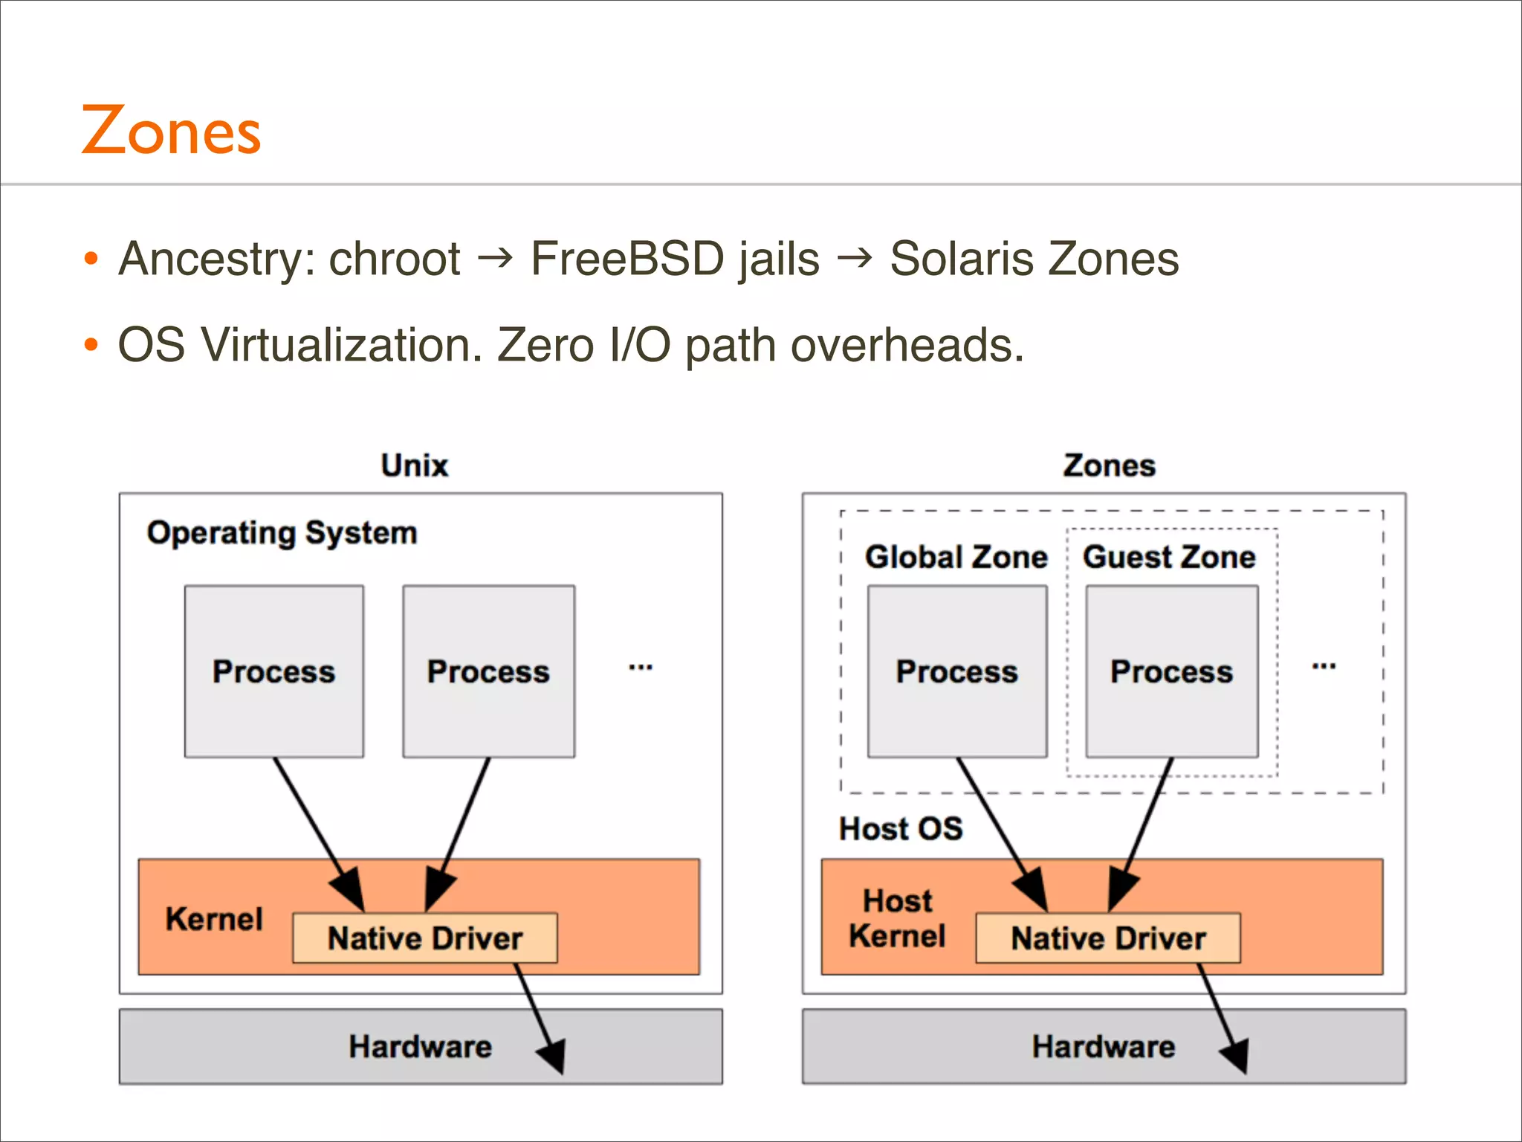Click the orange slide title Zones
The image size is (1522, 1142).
[x=171, y=132]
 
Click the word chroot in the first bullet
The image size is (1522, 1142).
[x=394, y=259]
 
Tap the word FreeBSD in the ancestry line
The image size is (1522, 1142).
[x=627, y=259]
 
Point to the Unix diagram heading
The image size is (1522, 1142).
[x=414, y=465]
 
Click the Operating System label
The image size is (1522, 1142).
[x=282, y=533]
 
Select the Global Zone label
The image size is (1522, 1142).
[x=956, y=557]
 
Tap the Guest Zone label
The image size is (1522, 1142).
[x=1169, y=557]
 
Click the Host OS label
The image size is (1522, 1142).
[x=901, y=828]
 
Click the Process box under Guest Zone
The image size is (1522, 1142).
[x=1171, y=671]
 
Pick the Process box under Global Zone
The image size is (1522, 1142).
[x=956, y=671]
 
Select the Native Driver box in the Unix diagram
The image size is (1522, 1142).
[x=425, y=938]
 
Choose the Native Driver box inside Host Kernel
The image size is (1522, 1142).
[x=1107, y=938]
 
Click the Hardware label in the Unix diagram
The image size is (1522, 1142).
[x=420, y=1047]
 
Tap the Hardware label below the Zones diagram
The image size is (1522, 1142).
[x=1103, y=1047]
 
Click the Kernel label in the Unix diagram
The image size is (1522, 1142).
[x=214, y=919]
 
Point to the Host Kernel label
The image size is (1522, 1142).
[x=897, y=918]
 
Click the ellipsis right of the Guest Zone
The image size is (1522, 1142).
[x=1324, y=666]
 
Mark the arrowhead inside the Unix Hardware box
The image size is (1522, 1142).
[x=554, y=1054]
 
